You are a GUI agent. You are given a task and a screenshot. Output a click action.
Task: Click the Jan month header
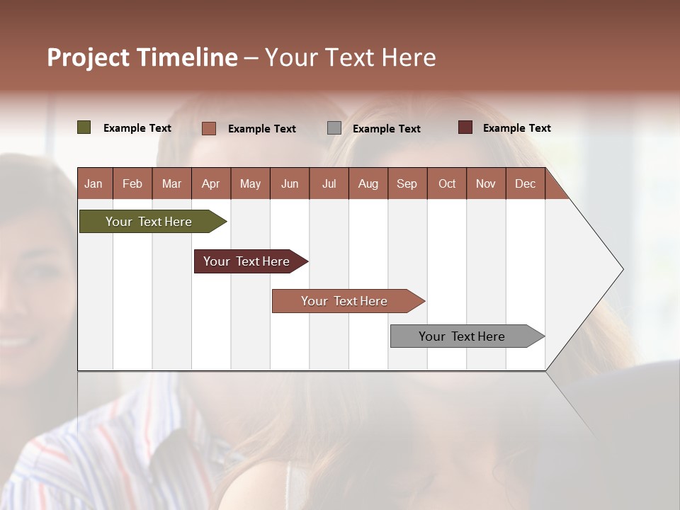point(93,183)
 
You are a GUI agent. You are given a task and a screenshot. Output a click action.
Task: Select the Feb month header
point(132,183)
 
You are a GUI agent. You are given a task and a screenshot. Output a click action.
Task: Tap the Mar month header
point(171,183)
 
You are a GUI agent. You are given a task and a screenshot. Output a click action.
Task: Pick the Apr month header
point(211,183)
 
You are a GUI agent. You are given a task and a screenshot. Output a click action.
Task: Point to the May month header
point(250,183)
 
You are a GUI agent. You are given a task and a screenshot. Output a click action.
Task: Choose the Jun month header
point(290,183)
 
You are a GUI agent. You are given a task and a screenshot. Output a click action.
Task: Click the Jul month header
point(329,183)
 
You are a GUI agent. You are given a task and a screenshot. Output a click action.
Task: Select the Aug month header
point(368,183)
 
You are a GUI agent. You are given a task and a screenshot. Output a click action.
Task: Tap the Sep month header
point(407,183)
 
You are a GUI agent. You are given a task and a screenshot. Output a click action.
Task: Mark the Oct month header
point(447,183)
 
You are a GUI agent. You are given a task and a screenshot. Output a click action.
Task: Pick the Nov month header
point(486,183)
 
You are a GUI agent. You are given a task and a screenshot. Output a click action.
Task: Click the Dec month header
point(525,183)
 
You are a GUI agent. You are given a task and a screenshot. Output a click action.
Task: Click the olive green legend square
point(84,127)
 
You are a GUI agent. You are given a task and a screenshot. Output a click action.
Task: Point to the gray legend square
point(334,128)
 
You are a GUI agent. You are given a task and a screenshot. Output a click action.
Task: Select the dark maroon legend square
point(465,127)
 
